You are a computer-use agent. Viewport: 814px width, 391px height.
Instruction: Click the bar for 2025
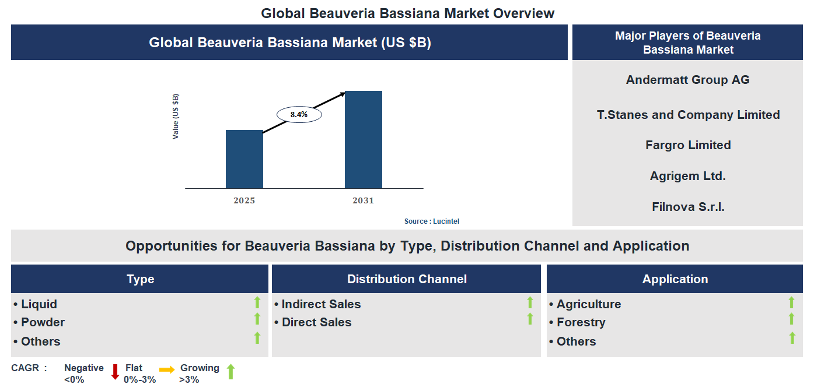(x=244, y=159)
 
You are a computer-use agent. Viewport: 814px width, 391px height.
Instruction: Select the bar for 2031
(x=363, y=140)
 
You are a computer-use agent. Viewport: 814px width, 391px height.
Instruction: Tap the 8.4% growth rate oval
(x=299, y=115)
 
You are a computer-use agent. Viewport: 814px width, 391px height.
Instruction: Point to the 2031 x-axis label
(x=363, y=200)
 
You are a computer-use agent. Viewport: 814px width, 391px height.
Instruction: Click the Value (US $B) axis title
(x=176, y=116)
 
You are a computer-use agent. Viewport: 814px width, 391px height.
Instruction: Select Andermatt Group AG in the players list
(x=687, y=80)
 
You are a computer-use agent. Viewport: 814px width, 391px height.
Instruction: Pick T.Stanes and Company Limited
(x=688, y=115)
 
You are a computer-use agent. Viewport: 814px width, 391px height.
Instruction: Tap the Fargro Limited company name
(x=688, y=145)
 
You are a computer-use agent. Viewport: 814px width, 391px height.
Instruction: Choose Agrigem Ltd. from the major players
(x=687, y=176)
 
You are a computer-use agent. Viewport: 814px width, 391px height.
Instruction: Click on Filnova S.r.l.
(x=688, y=206)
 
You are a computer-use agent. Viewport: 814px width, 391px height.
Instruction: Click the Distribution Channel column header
(x=407, y=279)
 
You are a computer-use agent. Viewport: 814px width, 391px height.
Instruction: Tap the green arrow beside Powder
(x=257, y=319)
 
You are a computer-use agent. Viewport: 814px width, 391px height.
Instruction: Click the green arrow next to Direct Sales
(x=530, y=319)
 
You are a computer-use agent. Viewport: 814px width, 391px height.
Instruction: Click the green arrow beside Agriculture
(x=791, y=302)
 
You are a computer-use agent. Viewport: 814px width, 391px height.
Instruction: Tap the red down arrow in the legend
(x=115, y=372)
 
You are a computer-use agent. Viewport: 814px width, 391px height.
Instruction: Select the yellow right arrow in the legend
(x=167, y=370)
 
